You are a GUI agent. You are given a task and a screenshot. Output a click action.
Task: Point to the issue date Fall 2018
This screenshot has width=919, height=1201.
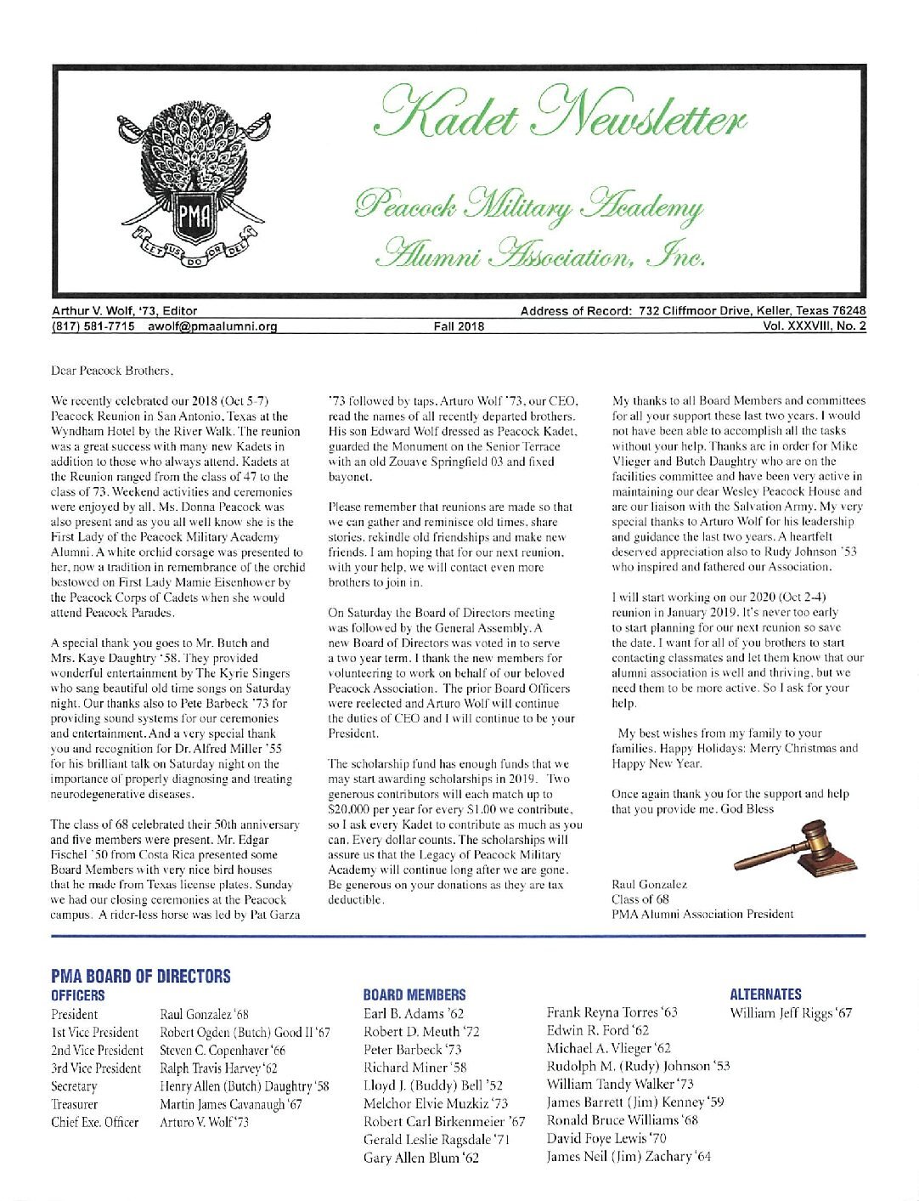click(459, 325)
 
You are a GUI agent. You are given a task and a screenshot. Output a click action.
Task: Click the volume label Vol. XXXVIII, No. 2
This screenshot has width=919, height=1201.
click(815, 325)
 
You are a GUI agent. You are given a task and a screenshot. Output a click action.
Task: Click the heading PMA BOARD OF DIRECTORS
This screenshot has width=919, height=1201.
click(140, 976)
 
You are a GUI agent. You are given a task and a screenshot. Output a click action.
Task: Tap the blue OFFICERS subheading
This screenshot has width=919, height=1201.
click(78, 994)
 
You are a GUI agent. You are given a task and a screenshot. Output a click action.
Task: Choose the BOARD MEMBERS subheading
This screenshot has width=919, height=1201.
click(414, 994)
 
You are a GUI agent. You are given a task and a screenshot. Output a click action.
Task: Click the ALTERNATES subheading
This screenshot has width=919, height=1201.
click(765, 994)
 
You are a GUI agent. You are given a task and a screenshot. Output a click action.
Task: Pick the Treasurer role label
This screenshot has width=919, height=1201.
click(75, 1104)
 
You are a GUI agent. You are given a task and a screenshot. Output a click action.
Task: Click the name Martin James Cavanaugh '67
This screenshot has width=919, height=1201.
click(231, 1104)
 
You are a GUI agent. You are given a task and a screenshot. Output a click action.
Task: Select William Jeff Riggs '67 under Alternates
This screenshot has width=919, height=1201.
click(791, 1013)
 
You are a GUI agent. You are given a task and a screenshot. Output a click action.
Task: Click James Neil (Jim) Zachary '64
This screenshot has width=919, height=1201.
click(629, 1156)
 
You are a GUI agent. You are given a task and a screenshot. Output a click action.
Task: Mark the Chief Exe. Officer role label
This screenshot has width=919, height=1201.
click(94, 1122)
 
